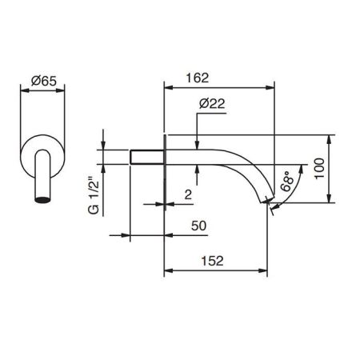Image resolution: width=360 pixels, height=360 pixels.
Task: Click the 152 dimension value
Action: (x=211, y=261)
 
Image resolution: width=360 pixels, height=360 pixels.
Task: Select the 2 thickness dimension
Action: (x=186, y=194)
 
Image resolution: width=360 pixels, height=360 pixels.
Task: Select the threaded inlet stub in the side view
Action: (x=146, y=156)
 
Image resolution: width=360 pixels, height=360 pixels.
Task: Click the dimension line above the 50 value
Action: (x=147, y=235)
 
